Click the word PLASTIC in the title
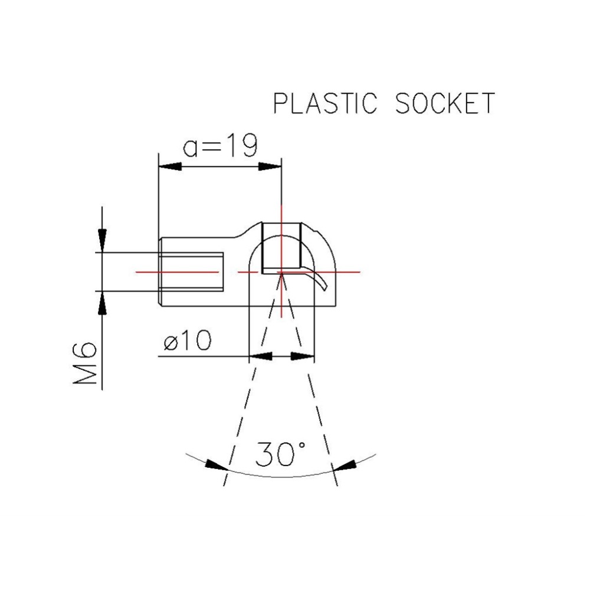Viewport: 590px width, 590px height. [x=325, y=103]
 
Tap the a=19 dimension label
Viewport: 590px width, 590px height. [x=219, y=146]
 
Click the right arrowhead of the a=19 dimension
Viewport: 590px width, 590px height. [x=270, y=167]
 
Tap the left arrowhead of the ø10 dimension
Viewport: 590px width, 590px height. [x=260, y=357]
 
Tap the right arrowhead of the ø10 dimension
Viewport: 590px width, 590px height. [x=303, y=357]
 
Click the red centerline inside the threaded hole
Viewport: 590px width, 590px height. [x=177, y=272]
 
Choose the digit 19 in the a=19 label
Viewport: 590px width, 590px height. [x=241, y=146]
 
